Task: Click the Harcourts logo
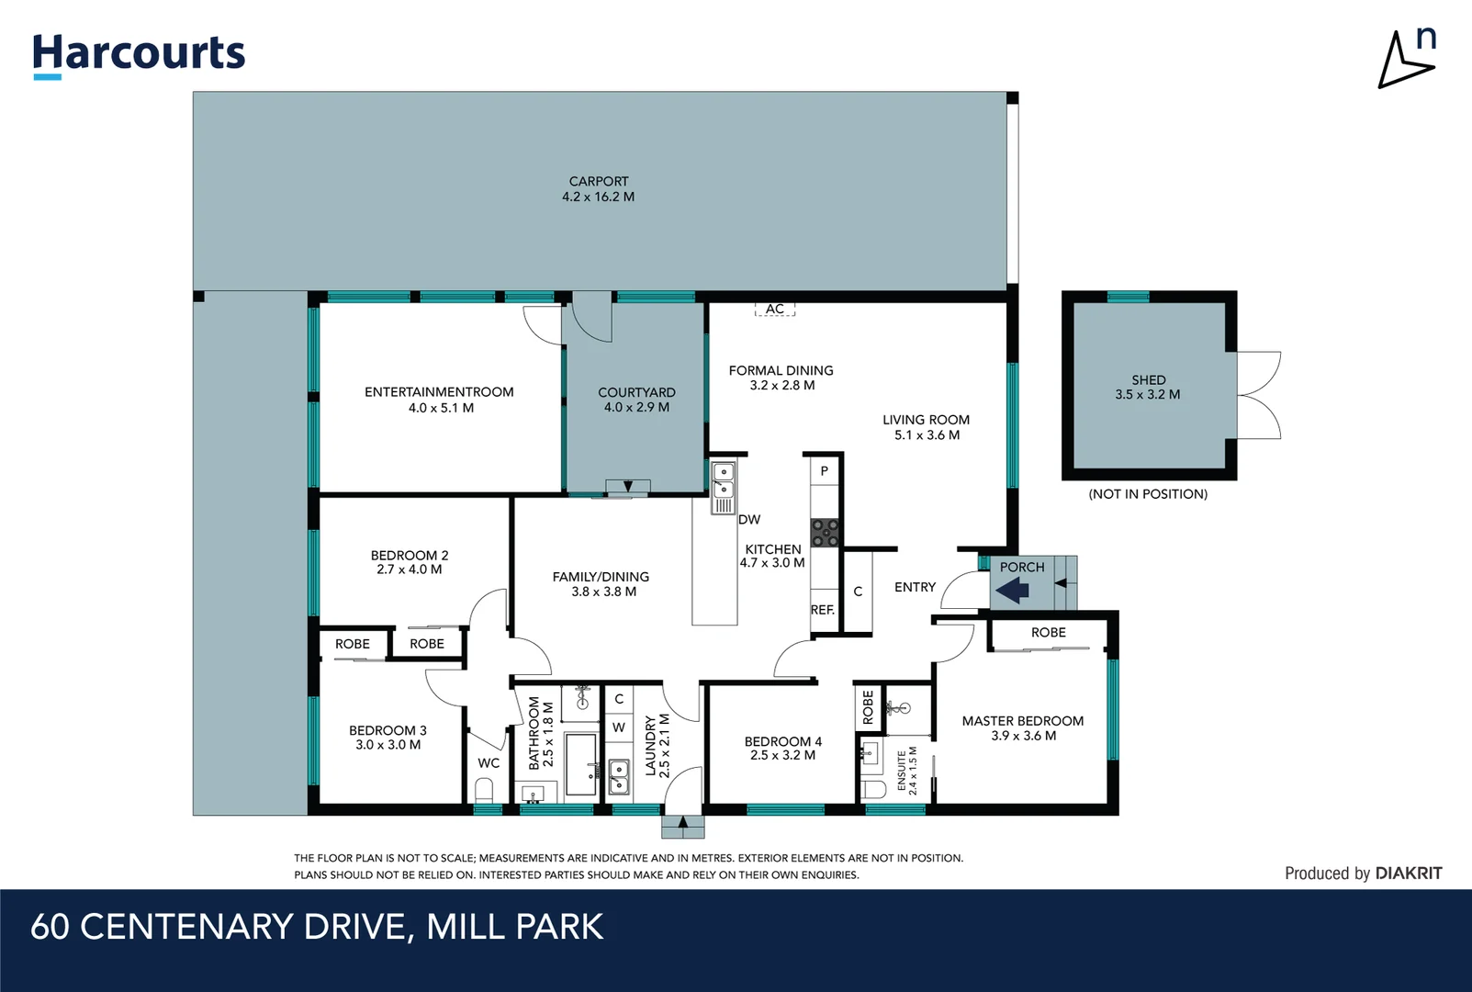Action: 139,54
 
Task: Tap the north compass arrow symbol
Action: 1405,62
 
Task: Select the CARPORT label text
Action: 599,182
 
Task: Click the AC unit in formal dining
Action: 775,310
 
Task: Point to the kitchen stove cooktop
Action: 825,532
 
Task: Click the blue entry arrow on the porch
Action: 1013,590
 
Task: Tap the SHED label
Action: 1148,379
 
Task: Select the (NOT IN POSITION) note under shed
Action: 1148,494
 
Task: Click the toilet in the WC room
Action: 484,790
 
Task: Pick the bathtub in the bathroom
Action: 580,764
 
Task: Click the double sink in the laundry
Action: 619,776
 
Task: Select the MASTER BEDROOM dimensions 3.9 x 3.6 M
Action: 1023,736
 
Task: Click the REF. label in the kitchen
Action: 823,610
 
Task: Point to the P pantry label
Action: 825,471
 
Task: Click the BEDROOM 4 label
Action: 782,741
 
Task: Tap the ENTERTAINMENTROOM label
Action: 439,392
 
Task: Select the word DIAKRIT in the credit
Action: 1409,874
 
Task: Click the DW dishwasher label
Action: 749,520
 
